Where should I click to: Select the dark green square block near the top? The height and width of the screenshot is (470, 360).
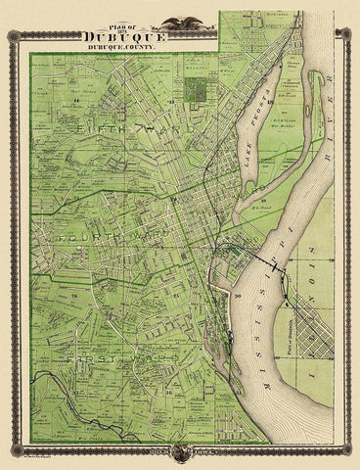click(200, 90)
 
